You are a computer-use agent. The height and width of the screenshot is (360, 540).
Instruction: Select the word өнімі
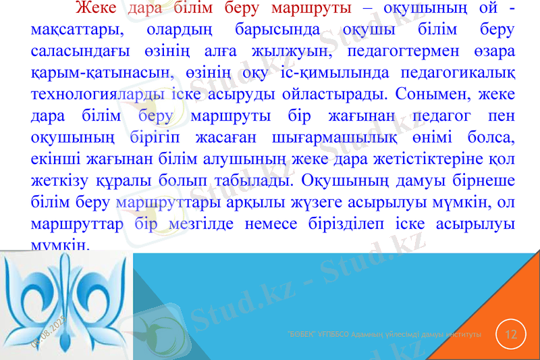click(x=430, y=137)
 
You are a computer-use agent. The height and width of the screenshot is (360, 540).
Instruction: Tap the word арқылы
click(x=258, y=202)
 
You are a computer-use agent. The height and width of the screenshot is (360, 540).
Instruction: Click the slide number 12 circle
click(x=511, y=334)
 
